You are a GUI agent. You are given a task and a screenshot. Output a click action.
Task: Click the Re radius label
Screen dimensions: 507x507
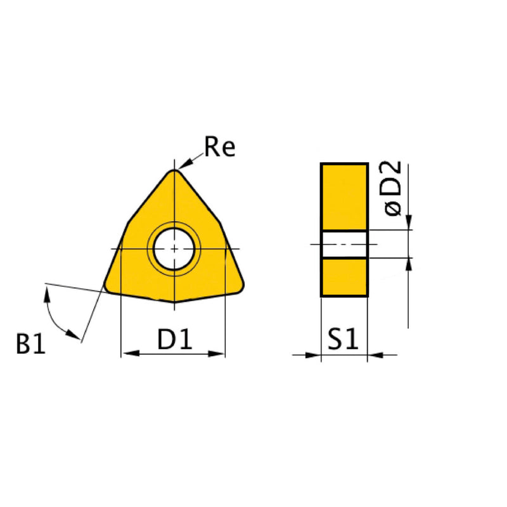[x=220, y=147]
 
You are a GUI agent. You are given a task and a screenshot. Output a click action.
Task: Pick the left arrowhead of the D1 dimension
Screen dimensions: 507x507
[x=127, y=354]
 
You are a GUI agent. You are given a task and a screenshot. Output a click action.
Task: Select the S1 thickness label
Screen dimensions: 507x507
[x=343, y=340]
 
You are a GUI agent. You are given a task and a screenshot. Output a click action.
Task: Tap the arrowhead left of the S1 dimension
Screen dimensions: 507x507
[x=314, y=355]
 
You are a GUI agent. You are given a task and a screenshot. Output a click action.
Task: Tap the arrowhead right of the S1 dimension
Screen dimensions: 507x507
[x=375, y=355]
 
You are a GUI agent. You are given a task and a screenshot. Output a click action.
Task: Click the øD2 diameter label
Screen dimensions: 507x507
[x=393, y=188]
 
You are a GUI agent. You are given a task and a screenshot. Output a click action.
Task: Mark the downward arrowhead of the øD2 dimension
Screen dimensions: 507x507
[x=409, y=222]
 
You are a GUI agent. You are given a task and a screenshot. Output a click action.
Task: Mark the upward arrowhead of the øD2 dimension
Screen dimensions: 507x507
[x=409, y=265]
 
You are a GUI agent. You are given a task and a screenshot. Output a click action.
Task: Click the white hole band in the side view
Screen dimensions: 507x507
[x=344, y=244]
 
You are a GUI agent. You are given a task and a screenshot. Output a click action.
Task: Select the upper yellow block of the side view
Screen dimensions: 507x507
[x=344, y=196]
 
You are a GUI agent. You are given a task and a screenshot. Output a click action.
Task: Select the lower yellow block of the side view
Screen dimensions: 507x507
[x=344, y=277]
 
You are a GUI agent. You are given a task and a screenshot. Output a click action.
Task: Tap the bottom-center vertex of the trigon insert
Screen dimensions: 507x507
[x=174, y=301]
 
